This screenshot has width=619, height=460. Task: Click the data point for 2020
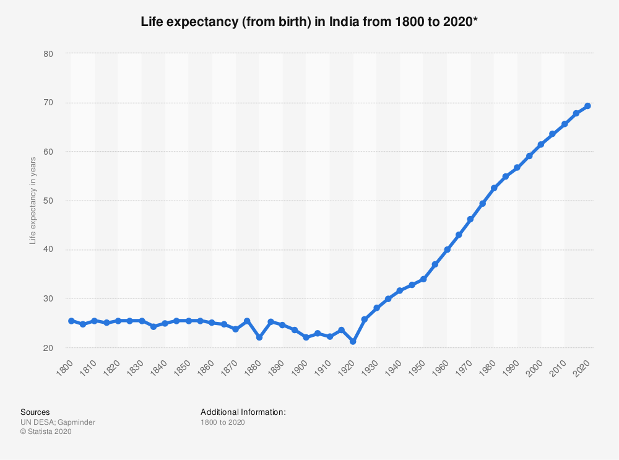tap(587, 106)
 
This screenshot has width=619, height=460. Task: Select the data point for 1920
tap(353, 342)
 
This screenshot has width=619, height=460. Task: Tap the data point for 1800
tap(71, 321)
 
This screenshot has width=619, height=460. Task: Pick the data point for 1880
tap(259, 337)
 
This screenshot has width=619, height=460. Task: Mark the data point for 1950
tap(423, 279)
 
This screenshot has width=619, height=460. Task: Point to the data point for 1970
tap(470, 219)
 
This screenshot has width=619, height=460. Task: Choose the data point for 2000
tap(541, 144)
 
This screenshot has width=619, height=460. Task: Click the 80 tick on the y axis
tap(49, 54)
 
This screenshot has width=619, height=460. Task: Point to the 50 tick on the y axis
tap(49, 201)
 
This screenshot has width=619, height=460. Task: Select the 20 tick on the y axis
tap(49, 348)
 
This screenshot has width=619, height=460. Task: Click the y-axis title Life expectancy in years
tap(33, 201)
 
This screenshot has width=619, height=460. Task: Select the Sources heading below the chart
tap(35, 412)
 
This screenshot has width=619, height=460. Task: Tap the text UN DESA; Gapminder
tap(58, 422)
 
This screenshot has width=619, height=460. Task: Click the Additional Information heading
tap(243, 412)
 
